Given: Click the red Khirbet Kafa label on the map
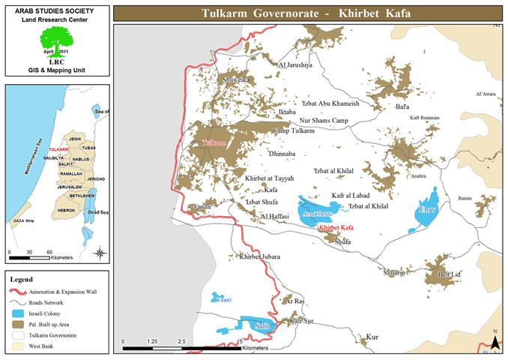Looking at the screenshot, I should pos(335,227).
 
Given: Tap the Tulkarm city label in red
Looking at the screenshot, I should pos(214,141).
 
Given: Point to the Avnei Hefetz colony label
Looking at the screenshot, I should pos(316,211).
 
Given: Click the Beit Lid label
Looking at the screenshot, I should pos(449,275).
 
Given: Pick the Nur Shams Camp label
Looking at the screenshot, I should pos(324,120).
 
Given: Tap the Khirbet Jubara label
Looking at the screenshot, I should pos(259,256).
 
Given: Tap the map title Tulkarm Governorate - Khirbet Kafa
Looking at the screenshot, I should pos(308,13).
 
